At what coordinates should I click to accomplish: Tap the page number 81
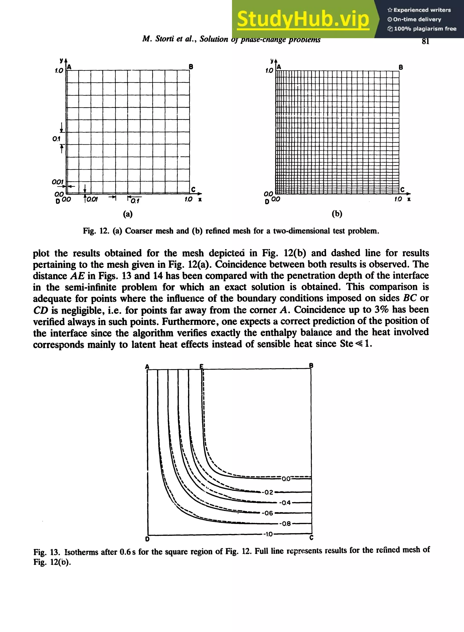(x=425, y=41)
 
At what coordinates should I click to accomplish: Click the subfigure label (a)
(x=128, y=214)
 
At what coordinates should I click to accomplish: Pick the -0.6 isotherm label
(x=267, y=513)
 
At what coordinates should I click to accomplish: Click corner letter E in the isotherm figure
(x=201, y=366)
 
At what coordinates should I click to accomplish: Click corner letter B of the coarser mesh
(x=191, y=67)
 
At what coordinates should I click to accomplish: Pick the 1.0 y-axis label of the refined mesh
(x=269, y=71)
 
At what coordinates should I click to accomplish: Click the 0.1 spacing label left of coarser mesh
(x=56, y=139)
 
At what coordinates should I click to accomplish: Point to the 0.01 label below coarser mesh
(x=92, y=199)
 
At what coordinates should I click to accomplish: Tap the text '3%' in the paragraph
(x=382, y=310)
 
